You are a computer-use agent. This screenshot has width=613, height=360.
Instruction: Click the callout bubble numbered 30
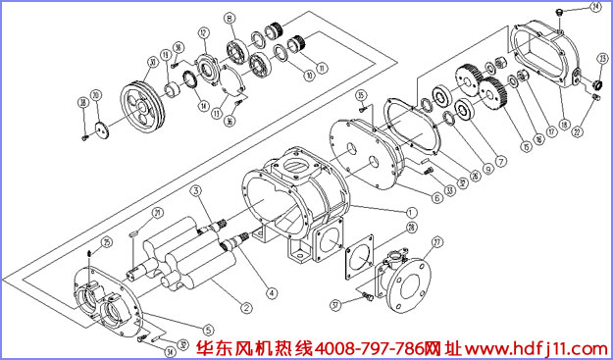(152, 63)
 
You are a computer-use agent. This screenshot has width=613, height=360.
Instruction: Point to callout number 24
(595, 8)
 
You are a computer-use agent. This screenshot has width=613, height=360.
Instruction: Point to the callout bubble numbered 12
(203, 32)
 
